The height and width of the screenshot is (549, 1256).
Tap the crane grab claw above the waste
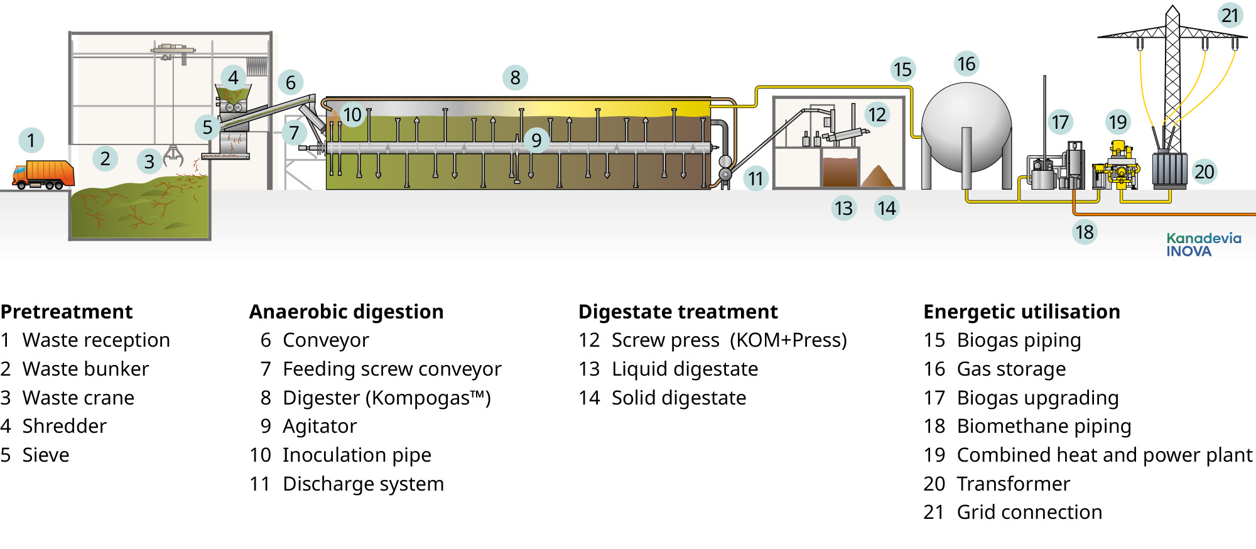(173, 155)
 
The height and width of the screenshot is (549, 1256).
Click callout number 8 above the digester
(515, 78)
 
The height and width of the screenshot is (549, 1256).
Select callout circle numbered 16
(966, 63)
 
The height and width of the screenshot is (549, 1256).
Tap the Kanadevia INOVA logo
(1203, 244)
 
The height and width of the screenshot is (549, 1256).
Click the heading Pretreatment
(67, 312)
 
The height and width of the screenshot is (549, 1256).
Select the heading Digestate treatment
(678, 312)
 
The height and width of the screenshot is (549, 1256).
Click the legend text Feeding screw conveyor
(391, 369)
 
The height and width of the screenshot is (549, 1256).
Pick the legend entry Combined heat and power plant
(1103, 455)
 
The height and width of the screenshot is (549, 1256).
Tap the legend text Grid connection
(1029, 513)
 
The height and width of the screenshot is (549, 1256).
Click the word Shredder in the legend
(64, 427)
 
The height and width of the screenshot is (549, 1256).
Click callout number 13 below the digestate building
(843, 208)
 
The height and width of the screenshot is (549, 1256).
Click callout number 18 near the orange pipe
(1085, 232)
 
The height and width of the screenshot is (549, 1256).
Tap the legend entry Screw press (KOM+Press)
(728, 340)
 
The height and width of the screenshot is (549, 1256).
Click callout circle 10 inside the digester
(352, 115)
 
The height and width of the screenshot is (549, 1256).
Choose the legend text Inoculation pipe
(356, 455)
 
